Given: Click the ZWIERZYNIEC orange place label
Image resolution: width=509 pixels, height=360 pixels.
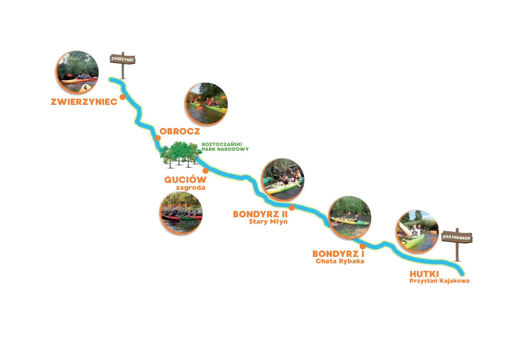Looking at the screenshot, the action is click(x=84, y=102).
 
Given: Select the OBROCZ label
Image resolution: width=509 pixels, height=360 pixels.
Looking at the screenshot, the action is click(x=180, y=131).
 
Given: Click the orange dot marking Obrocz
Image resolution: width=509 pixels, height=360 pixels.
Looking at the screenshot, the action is click(x=158, y=138).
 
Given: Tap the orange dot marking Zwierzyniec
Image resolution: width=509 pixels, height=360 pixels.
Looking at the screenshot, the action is click(x=122, y=97).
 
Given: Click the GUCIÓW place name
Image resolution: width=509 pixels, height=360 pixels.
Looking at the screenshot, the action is click(x=185, y=179).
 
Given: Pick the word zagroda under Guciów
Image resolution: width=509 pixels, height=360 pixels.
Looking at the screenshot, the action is click(x=190, y=188).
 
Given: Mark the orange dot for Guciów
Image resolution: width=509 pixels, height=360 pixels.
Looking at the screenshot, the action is click(x=206, y=171).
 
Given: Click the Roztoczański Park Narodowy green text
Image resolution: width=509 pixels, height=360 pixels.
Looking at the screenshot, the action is click(x=225, y=147).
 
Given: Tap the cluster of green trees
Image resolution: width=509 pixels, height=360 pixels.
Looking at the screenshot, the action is click(x=181, y=154).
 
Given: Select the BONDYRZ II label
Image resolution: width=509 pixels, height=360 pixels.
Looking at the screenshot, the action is click(x=260, y=214).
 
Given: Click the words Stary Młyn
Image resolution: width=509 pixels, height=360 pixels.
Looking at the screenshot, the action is click(x=268, y=222).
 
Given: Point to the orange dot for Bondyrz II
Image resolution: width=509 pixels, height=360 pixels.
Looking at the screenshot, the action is click(x=292, y=208).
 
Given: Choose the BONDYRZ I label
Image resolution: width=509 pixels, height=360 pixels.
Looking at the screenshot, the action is click(x=338, y=254).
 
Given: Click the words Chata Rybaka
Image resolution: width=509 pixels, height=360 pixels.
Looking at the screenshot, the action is click(x=340, y=261).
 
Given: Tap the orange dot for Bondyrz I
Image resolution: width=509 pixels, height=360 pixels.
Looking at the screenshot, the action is click(x=363, y=246).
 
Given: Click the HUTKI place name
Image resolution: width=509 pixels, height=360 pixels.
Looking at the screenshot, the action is click(x=424, y=274).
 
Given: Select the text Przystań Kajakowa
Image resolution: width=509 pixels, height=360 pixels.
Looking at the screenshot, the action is click(x=439, y=281).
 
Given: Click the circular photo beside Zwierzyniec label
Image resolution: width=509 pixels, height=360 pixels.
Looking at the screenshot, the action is click(x=77, y=72).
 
